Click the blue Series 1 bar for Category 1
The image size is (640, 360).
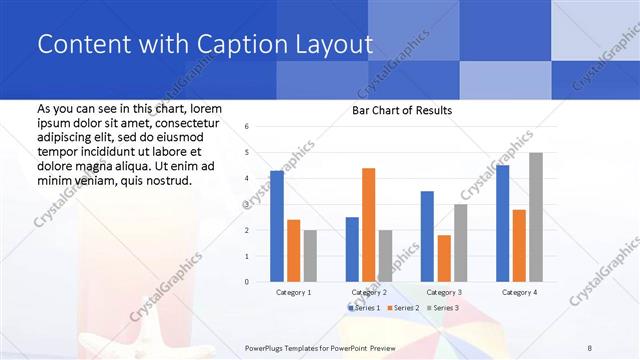[x=277, y=226]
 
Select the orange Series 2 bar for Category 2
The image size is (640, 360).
[x=368, y=225]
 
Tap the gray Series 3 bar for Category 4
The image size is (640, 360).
[x=536, y=217]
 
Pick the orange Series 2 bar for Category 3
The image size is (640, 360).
[x=443, y=258]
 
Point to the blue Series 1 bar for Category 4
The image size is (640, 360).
[x=502, y=223]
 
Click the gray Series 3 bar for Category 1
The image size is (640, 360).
[x=310, y=256]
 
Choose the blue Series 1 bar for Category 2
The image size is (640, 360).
[x=352, y=249]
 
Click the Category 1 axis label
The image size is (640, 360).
[x=294, y=292]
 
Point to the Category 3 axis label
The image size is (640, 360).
[x=444, y=292]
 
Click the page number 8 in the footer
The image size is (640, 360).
[x=589, y=347]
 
